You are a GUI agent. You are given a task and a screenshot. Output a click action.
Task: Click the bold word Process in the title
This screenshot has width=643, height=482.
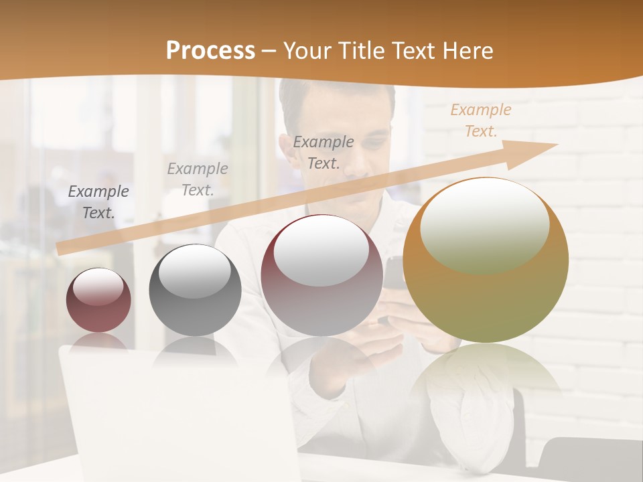(x=210, y=51)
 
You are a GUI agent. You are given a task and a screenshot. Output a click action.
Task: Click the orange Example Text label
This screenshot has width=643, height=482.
(x=481, y=120)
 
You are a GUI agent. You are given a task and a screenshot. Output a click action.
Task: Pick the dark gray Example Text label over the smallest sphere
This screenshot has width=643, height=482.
(x=98, y=202)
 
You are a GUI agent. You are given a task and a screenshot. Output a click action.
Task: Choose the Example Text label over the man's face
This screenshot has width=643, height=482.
(x=324, y=152)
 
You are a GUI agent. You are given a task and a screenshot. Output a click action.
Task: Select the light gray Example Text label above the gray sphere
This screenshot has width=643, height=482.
(x=198, y=179)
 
